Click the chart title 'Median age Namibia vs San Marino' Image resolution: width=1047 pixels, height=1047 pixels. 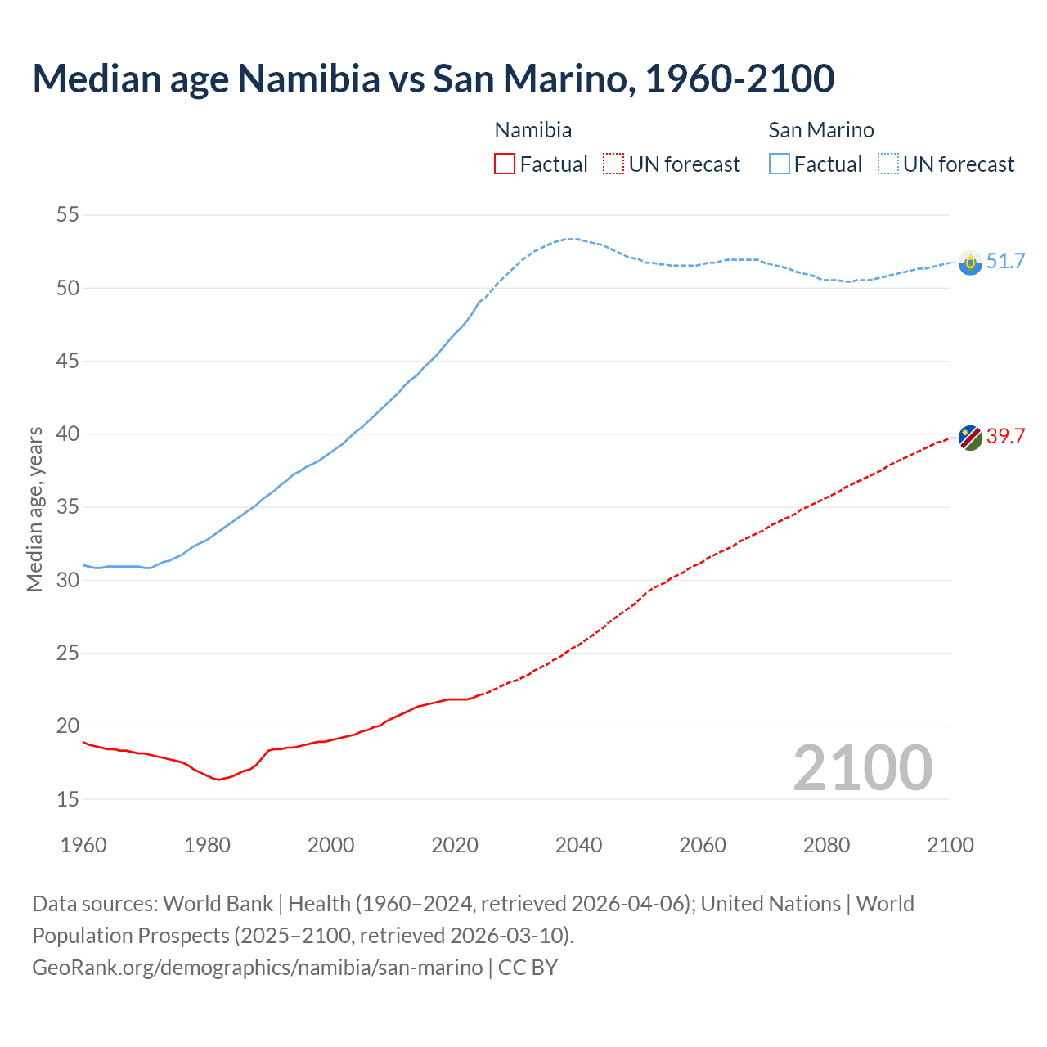433,79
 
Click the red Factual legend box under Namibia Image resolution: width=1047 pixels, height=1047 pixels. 505,164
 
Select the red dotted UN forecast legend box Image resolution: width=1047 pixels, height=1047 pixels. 613,164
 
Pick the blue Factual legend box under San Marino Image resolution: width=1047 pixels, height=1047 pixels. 780,164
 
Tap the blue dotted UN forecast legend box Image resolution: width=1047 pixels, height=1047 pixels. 888,164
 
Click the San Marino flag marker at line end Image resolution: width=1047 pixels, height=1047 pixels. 970,263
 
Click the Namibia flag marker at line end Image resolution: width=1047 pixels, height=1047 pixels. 970,438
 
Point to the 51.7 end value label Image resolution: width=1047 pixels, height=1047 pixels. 1005,262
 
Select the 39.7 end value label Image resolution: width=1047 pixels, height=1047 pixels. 1005,437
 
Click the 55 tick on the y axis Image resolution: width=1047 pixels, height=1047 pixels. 68,215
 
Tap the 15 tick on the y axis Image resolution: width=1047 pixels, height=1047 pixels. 68,799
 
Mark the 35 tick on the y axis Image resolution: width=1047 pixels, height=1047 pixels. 68,507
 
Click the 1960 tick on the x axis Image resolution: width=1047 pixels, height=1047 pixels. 83,845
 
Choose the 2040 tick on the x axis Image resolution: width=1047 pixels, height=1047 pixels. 578,845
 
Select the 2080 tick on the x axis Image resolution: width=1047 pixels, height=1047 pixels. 826,845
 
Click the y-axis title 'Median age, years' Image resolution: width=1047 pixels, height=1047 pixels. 34,509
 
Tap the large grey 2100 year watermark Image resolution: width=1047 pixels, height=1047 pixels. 862,767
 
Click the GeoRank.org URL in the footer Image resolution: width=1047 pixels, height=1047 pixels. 257,968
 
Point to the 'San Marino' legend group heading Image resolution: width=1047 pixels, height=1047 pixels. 821,130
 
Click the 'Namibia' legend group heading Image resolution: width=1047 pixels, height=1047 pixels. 533,130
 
